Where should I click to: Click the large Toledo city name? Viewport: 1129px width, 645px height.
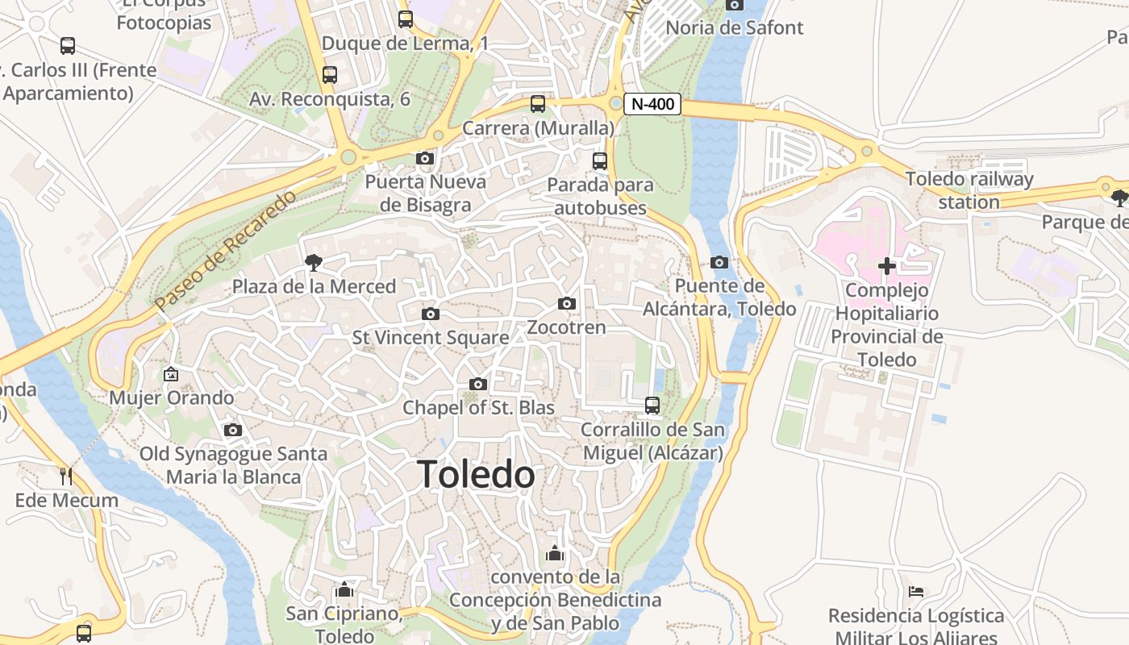(476, 474)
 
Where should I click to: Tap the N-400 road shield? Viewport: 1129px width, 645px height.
(652, 104)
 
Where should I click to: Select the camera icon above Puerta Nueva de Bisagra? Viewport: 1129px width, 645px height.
(425, 159)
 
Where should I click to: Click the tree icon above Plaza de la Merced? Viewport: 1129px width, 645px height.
(313, 261)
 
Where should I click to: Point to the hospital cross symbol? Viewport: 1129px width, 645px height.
(887, 265)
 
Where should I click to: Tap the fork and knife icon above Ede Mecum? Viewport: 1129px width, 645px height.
(66, 476)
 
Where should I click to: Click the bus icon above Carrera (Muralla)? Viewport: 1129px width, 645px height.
(538, 104)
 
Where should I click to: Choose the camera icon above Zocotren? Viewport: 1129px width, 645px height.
(567, 304)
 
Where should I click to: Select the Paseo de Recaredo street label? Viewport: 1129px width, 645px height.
(226, 251)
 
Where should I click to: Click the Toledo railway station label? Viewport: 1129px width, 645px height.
(969, 190)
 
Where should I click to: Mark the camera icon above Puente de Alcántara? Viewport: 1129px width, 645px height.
(719, 262)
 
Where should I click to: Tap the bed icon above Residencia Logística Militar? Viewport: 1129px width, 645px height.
(916, 592)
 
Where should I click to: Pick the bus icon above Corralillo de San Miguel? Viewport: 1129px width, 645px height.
(652, 405)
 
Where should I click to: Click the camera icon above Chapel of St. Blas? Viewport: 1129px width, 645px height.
(478, 385)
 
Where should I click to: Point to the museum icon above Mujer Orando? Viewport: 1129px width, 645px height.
(170, 374)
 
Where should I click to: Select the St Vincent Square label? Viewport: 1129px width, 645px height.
(431, 338)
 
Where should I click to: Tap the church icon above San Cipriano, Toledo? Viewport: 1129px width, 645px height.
(344, 590)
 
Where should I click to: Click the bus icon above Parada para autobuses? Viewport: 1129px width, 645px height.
(599, 160)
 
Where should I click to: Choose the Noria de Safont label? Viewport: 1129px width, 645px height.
(734, 27)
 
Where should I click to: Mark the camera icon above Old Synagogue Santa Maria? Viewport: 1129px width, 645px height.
(233, 431)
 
